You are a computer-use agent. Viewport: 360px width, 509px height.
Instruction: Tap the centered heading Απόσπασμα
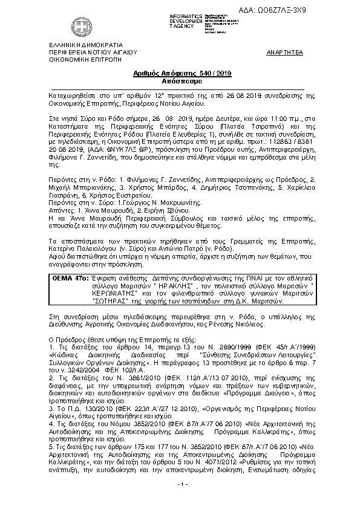point(180,80)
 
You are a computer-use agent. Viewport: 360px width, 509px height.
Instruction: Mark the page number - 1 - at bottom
point(180,502)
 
